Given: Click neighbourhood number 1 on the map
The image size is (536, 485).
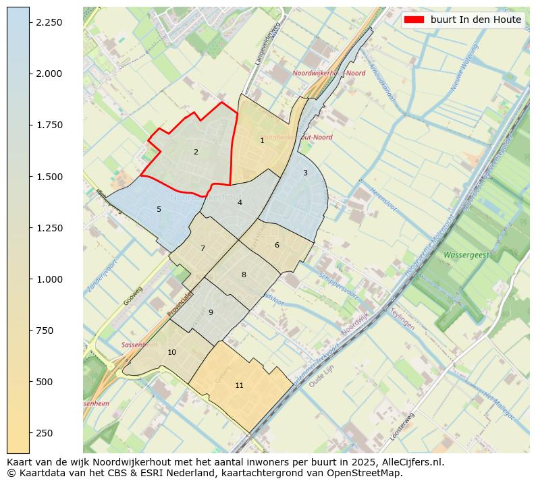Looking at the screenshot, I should click(262, 140).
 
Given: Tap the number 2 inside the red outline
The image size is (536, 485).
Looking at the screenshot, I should click(196, 152).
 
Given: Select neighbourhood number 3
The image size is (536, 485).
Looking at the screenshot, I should click(305, 173).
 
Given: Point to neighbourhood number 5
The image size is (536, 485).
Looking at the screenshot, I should click(159, 209).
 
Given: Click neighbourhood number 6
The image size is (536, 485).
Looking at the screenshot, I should click(277, 245).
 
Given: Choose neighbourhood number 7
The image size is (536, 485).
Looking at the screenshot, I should click(203, 248).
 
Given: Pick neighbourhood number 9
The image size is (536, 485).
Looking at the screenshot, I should click(211, 312).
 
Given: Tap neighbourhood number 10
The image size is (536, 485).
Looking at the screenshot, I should click(171, 352).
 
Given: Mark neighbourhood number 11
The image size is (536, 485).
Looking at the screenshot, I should click(239, 385).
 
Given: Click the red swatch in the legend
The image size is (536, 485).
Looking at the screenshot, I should click(415, 20).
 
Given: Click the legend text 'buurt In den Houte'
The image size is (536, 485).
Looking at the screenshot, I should click(476, 20).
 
